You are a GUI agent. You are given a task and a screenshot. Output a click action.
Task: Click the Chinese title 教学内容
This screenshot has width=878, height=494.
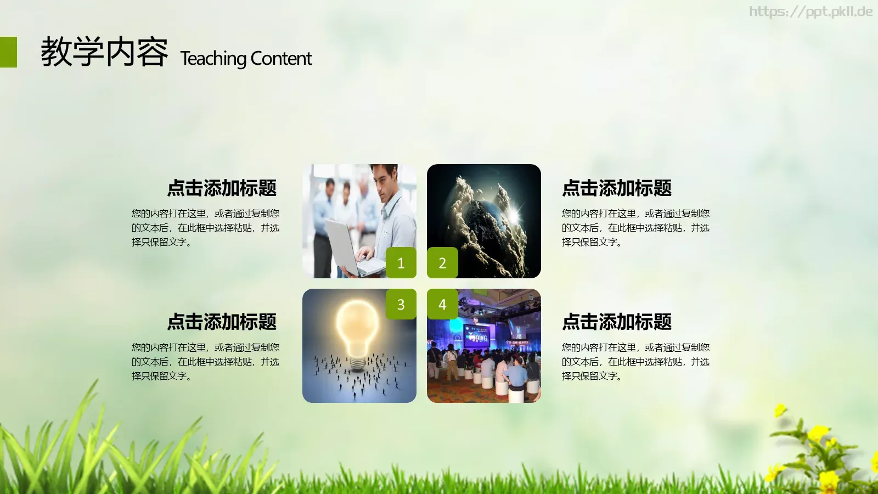coord(104,53)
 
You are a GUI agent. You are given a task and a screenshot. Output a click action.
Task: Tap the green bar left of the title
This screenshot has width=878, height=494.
coord(8,52)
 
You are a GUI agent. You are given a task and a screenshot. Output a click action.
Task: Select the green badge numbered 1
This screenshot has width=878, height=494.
coord(401,263)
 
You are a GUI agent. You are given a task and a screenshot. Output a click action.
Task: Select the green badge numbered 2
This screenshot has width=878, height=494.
coord(442,263)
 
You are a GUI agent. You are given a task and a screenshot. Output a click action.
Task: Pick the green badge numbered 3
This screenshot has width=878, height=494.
coord(401,304)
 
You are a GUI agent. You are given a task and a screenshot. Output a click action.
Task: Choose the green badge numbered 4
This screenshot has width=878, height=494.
coord(442,304)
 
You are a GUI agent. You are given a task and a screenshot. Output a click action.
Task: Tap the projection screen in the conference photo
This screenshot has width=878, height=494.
coord(476,335)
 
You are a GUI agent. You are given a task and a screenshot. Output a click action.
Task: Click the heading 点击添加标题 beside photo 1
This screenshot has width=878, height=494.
coord(222,188)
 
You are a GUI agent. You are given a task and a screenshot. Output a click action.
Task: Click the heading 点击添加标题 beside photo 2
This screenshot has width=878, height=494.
coord(617,188)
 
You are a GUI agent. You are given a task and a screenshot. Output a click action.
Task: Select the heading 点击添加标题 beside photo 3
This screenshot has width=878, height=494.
coord(222,322)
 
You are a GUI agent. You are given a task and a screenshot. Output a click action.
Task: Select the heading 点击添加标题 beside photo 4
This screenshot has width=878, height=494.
coord(617,322)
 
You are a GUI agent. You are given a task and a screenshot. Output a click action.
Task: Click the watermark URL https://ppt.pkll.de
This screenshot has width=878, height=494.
coord(811,12)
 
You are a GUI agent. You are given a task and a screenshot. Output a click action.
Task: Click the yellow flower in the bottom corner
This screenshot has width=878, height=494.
coord(818,434)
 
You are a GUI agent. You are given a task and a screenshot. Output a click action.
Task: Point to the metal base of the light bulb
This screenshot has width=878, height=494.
coord(357,362)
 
